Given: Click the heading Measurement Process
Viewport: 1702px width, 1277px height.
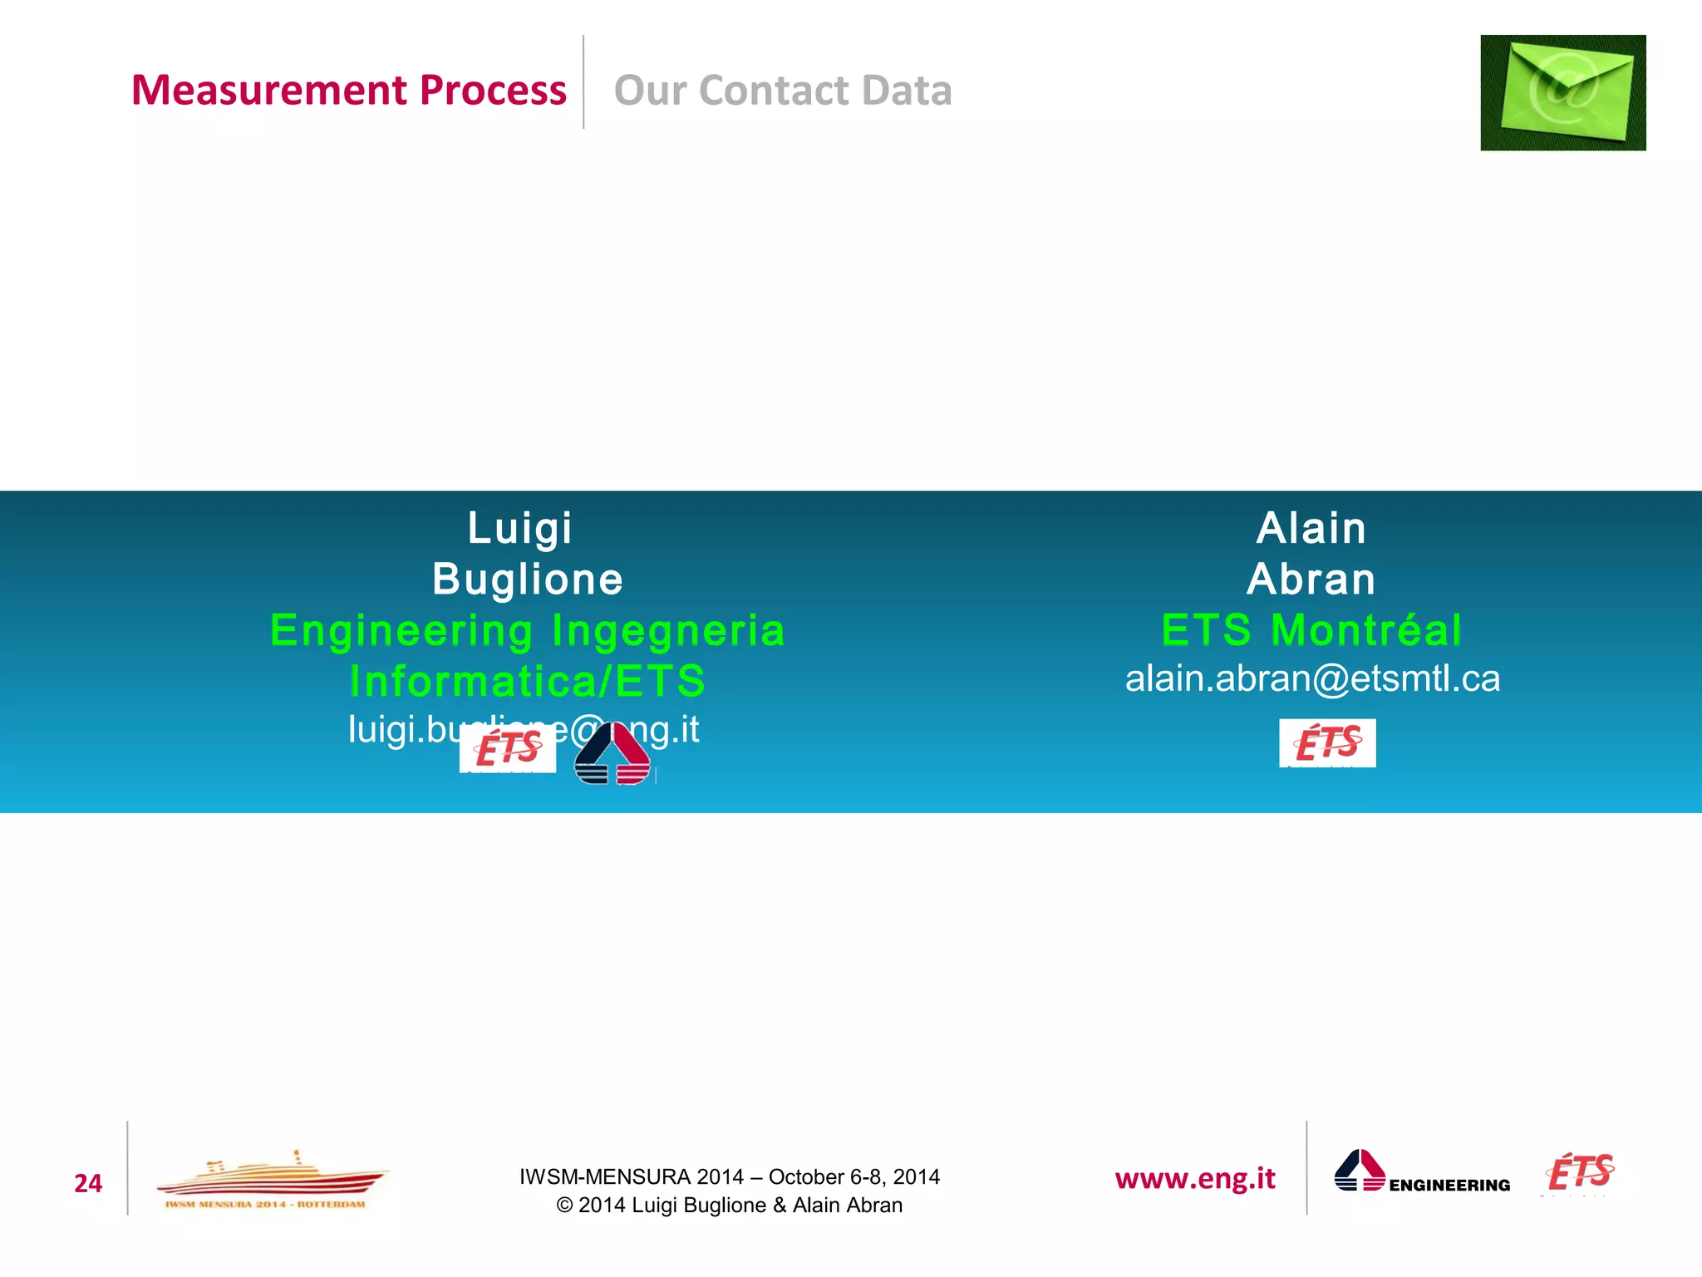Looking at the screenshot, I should coord(348,90).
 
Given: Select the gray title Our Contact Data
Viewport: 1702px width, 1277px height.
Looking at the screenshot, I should coord(782,90).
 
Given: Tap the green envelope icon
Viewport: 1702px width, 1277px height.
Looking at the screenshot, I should coord(1562,92).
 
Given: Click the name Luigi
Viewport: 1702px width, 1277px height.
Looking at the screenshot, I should coord(520,528).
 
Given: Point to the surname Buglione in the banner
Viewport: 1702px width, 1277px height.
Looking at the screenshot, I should coord(528,579).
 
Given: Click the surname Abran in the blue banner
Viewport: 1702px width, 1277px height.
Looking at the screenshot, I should coord(1311,579).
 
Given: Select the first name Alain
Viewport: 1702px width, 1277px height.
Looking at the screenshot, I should coord(1311,528).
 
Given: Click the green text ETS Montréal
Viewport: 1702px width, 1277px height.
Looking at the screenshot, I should coord(1311,629).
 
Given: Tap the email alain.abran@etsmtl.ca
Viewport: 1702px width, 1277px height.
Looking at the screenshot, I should coord(1312,678).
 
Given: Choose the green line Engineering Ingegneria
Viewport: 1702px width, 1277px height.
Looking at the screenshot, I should coord(528,629).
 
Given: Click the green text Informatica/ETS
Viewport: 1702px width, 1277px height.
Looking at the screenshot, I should coord(528,681).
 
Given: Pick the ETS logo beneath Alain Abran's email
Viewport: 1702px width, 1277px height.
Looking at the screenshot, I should coord(1327,742).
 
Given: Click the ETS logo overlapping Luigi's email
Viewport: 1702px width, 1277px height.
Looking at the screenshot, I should coord(508,748).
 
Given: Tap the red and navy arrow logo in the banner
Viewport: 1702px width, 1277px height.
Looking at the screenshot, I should coord(612,753).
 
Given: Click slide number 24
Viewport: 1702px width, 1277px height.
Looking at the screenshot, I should coord(88,1183).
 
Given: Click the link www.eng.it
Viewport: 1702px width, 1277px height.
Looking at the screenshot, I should coord(1195,1178).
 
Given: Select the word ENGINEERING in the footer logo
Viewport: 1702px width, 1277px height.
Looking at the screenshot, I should coord(1449,1185).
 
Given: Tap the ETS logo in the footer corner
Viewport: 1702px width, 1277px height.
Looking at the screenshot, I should coord(1580,1172).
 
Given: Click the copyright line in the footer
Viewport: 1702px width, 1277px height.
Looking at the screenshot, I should coord(729,1205).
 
